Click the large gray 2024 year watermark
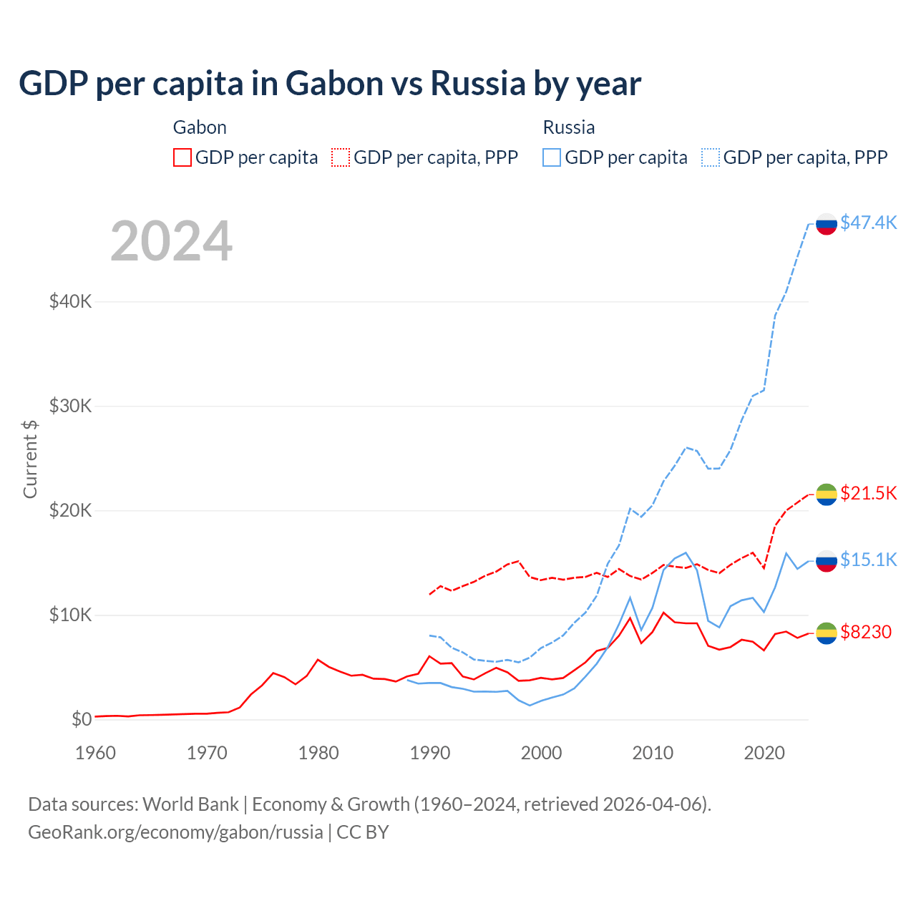(171, 241)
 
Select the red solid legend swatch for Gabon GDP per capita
(182, 157)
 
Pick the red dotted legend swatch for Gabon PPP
(341, 157)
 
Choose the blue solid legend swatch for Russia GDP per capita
(552, 157)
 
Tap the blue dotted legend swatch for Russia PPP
(711, 157)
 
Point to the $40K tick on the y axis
(70, 301)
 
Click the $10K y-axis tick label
(70, 615)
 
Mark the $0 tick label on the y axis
(82, 719)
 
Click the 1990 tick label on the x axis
(430, 753)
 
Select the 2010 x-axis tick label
(653, 753)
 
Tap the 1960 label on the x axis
(95, 753)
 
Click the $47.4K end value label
(868, 223)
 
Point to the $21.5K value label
(868, 493)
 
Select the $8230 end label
(866, 632)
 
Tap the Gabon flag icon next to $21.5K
(827, 494)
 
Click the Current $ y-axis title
(30, 459)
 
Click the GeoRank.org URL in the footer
(175, 832)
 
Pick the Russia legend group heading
(569, 127)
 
